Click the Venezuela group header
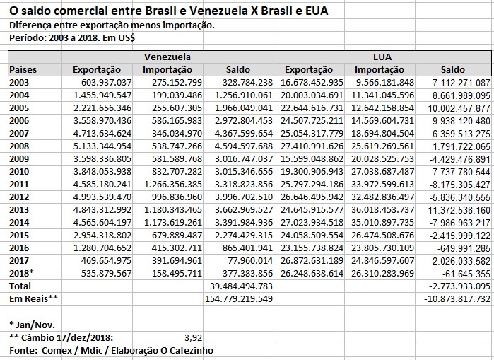point(167,56)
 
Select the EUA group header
point(382,56)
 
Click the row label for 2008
point(19,146)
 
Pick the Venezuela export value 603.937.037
point(102,82)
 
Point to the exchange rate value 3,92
point(193,337)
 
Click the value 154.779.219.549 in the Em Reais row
point(239,298)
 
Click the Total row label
point(20,286)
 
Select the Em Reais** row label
point(33,298)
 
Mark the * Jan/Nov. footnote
point(32,324)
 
